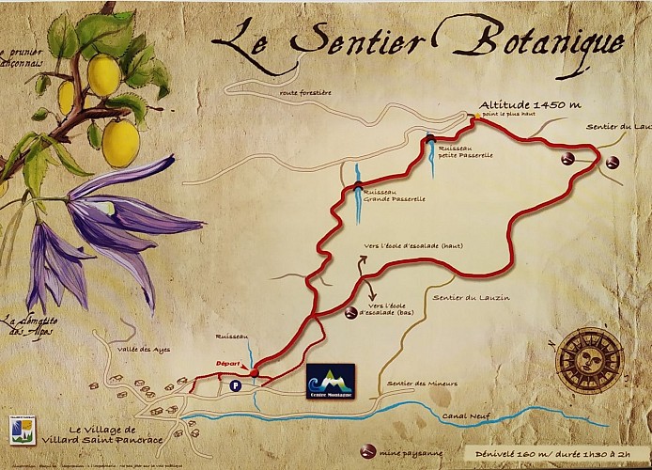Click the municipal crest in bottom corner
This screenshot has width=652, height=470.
23,429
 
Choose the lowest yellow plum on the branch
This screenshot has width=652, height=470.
120,142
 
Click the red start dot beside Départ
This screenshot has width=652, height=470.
254,371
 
